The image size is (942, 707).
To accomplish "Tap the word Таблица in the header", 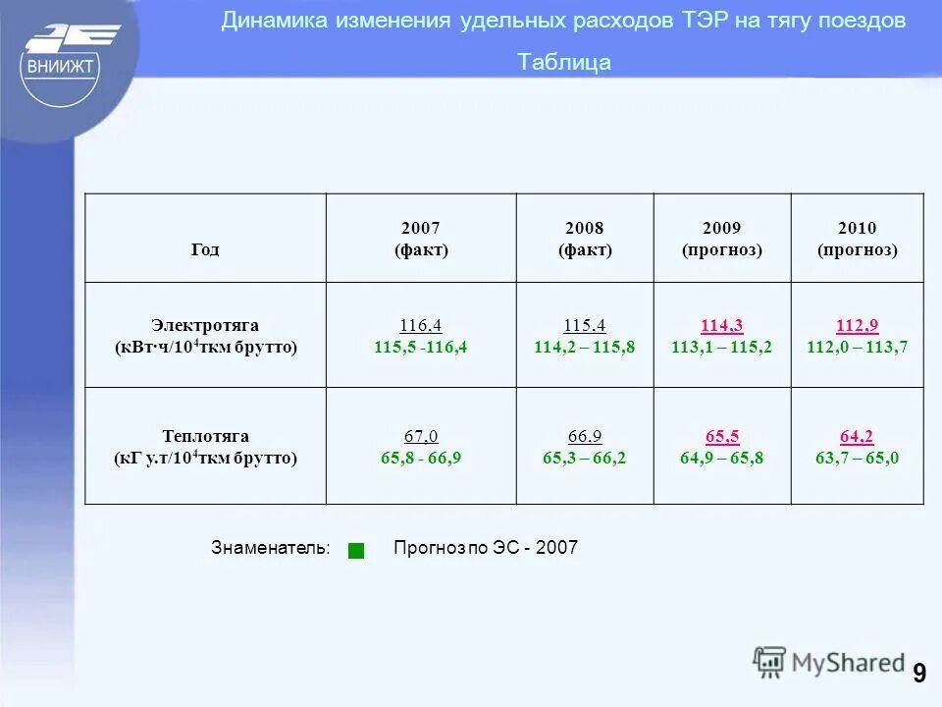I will click(x=564, y=63).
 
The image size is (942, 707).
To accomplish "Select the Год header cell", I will click(x=205, y=249).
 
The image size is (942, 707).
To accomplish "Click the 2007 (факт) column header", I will click(x=421, y=239).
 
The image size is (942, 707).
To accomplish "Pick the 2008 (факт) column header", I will click(x=585, y=239).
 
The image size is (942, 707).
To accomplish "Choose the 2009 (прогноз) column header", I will click(x=721, y=239).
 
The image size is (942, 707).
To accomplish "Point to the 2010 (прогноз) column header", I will click(x=857, y=239).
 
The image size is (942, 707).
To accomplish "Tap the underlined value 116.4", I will click(x=421, y=325).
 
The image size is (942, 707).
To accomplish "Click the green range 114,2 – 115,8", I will click(x=585, y=347).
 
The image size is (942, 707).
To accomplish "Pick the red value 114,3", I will click(x=721, y=325).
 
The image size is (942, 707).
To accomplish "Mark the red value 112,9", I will click(x=857, y=325).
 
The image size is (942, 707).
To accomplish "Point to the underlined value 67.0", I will click(x=421, y=436).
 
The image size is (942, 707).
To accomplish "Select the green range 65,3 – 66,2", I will click(x=585, y=458).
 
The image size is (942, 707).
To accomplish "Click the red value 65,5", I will click(x=721, y=436).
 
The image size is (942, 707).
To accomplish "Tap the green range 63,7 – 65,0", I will click(x=857, y=458).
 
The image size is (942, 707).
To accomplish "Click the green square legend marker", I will click(x=356, y=551).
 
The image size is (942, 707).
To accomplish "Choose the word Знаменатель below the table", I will click(x=270, y=548).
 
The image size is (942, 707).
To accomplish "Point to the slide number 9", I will click(x=918, y=673).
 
